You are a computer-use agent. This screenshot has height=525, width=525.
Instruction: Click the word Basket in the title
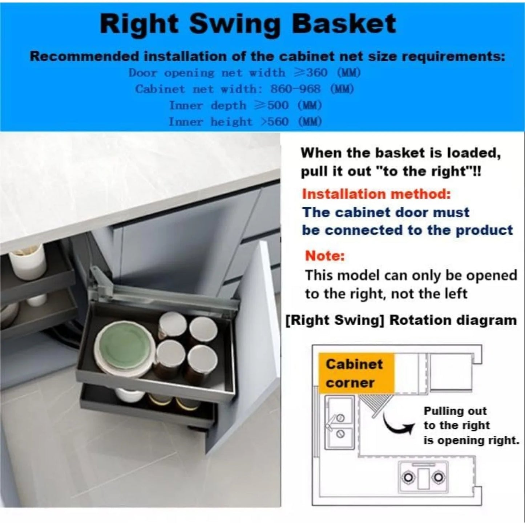click(343, 24)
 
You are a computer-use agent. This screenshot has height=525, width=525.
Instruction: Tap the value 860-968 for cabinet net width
click(295, 89)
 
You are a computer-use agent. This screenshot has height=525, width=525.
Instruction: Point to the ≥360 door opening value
click(311, 73)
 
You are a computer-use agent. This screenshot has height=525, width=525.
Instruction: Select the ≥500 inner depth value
click(271, 105)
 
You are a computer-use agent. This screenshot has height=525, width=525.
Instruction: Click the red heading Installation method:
click(376, 194)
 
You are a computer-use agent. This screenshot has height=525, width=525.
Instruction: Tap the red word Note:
click(324, 256)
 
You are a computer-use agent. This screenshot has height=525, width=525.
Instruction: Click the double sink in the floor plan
click(339, 423)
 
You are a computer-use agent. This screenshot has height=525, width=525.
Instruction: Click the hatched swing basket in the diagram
click(374, 405)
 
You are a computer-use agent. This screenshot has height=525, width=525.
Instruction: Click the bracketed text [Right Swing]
click(335, 320)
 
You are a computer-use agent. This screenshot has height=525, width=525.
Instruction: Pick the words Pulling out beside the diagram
click(455, 411)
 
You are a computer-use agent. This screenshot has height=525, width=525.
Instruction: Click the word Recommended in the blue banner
click(84, 56)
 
